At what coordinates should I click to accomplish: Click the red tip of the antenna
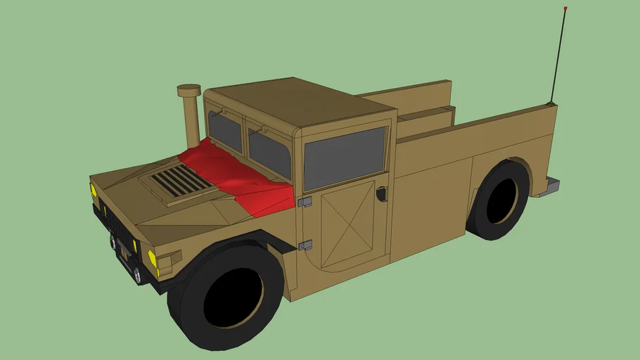point(565,8)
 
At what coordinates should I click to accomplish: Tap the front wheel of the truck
point(227,295)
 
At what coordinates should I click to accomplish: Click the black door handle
point(382,193)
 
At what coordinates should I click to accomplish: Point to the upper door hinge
point(305,202)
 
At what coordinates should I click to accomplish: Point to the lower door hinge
point(305,245)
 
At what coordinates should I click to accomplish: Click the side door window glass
point(345,159)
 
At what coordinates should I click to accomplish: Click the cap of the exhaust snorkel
point(188,91)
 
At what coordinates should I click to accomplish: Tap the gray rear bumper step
point(552,186)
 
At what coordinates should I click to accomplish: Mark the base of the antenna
point(550,104)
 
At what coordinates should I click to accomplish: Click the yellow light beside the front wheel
point(153,257)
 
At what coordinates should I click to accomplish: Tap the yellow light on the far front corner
point(93,190)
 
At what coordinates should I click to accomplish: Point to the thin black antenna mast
point(558,56)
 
